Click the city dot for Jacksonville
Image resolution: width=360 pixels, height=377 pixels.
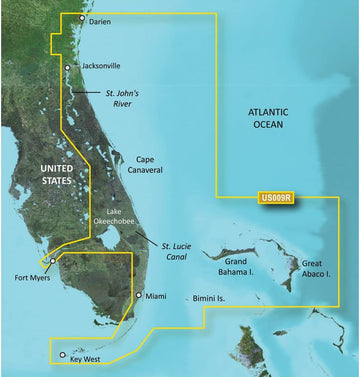(67, 68)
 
